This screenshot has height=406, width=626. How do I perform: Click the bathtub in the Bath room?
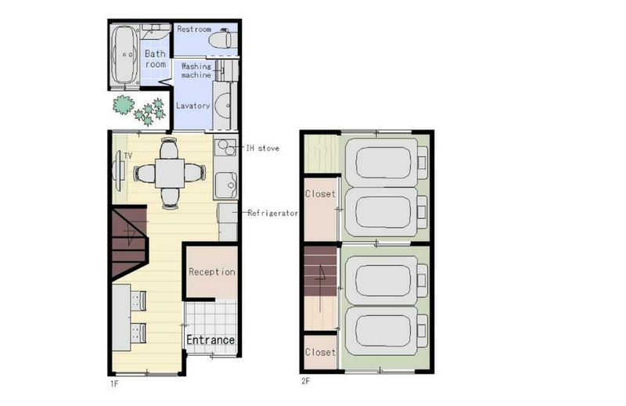click(x=125, y=55)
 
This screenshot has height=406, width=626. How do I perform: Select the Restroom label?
click(x=194, y=29)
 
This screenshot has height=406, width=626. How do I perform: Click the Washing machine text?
click(x=196, y=70)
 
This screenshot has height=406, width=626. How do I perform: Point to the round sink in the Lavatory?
click(x=222, y=106)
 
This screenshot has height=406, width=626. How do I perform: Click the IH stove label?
click(x=262, y=148)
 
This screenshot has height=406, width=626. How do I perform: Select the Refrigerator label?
click(x=272, y=214)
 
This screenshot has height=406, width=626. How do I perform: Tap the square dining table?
click(x=170, y=173)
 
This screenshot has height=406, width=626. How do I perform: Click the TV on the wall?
click(x=117, y=171)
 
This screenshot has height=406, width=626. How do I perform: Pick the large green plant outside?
click(x=124, y=105)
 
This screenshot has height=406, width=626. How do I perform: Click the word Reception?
click(x=212, y=272)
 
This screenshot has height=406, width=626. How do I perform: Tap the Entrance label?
click(x=210, y=340)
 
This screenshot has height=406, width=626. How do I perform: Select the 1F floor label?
click(x=114, y=384)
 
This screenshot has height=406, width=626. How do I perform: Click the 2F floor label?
click(x=305, y=381)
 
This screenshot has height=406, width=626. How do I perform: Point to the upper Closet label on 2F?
click(x=320, y=194)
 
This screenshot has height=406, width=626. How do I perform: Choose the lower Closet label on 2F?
click(x=320, y=352)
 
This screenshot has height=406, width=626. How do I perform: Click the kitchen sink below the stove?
click(x=226, y=185)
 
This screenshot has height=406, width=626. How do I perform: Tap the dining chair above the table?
click(x=169, y=148)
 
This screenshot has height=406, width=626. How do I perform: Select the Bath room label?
click(x=155, y=59)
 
